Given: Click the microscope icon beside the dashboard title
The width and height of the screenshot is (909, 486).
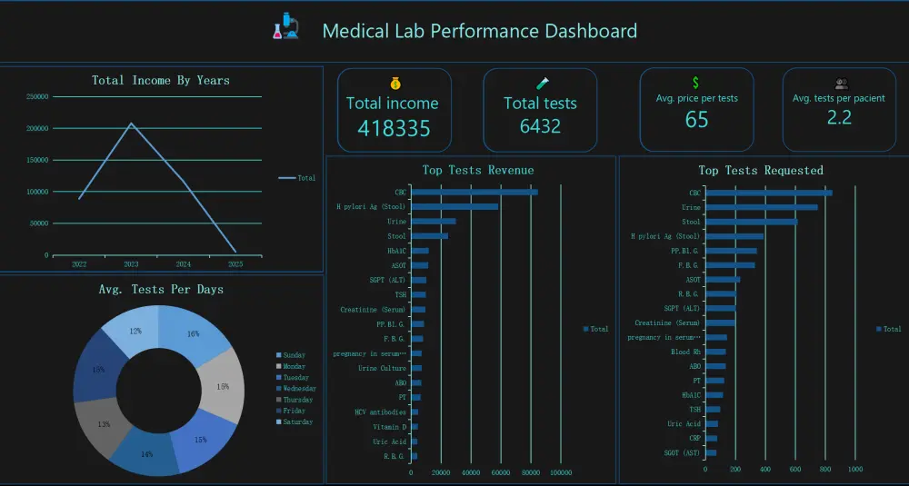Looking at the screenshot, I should coord(285,26).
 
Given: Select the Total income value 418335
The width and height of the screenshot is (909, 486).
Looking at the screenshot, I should coord(394,128).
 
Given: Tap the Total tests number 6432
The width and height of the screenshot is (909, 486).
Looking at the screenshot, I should coord(540,126).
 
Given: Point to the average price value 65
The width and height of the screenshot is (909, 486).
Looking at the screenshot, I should coord(696,120).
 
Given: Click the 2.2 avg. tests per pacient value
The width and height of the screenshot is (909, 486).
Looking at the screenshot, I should coord(838,117).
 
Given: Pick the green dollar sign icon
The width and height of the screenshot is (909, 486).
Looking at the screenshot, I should coord(696,83).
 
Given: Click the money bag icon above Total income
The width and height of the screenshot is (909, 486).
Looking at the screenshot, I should coord(395,83).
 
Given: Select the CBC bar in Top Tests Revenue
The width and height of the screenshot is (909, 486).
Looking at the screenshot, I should coord(474,192).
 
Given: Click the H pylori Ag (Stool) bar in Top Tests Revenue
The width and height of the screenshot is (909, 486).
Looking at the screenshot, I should coord(454,206).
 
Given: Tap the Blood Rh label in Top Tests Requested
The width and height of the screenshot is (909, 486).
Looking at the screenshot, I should coord(685,352).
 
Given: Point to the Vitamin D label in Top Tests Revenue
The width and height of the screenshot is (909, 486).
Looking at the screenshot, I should coord(389,426).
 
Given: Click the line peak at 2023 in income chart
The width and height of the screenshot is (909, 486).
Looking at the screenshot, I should coord(131,124).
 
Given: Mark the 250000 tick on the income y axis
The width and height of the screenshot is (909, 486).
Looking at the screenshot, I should coord(37,96).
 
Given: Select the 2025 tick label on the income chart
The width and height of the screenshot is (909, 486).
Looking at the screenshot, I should coord(235,264).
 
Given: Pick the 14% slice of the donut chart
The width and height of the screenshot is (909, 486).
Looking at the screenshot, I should coord(146,454).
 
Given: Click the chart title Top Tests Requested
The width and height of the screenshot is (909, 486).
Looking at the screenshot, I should coord(760,170).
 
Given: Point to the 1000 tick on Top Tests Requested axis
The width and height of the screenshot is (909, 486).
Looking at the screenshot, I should coord(854,470).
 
